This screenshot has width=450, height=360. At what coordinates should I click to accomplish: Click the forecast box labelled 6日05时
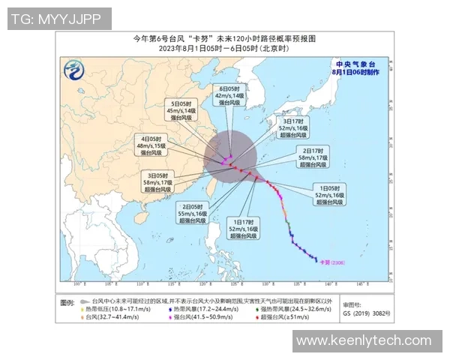tap(229, 96)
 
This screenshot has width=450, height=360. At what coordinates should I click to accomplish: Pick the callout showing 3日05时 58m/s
tap(162, 182)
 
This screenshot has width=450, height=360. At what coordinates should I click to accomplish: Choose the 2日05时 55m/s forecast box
tap(193, 213)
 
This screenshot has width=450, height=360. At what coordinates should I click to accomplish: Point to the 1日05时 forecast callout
tap(330, 193)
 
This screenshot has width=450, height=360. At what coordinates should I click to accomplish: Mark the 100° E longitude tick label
tap(76, 284)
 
